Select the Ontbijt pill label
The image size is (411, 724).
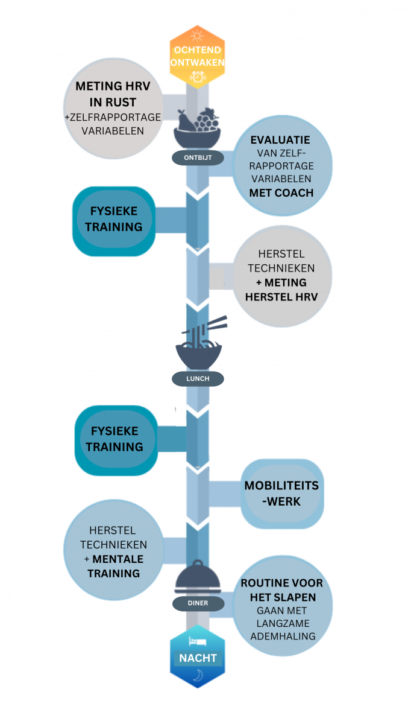(x=197, y=157)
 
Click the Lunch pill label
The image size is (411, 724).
(x=198, y=379)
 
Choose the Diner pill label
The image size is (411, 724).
(x=197, y=603)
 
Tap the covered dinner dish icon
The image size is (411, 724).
(x=197, y=577)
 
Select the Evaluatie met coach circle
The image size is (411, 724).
(x=281, y=167)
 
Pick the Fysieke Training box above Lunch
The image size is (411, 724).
(x=114, y=220)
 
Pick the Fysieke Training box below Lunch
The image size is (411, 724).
(x=114, y=439)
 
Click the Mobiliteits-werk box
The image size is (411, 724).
(x=281, y=494)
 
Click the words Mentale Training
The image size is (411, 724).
(x=113, y=567)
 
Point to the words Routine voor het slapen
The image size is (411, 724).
(x=282, y=590)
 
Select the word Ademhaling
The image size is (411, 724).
(x=283, y=636)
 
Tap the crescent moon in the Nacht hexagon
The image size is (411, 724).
(x=198, y=678)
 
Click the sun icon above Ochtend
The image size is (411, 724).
(x=197, y=36)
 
